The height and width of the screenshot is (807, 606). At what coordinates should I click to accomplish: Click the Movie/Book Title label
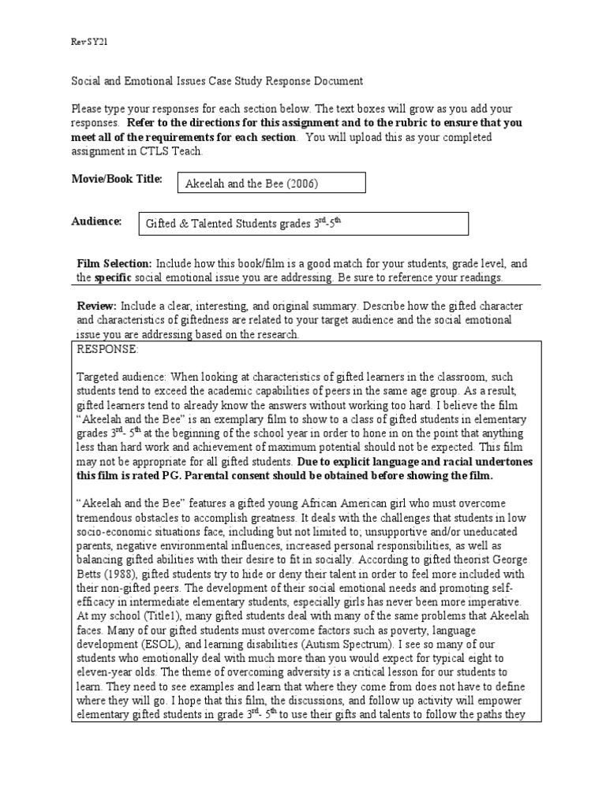pos(117,179)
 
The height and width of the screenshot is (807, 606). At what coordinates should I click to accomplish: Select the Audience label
pos(96,222)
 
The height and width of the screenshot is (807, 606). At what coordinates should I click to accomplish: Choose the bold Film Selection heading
pos(114,264)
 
